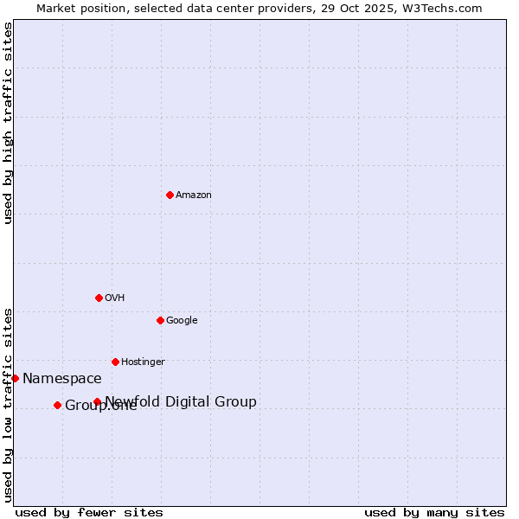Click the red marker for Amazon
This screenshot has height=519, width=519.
pyautogui.click(x=170, y=195)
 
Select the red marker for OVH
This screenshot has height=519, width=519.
pyautogui.click(x=99, y=298)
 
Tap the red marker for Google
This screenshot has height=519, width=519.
pyautogui.click(x=160, y=320)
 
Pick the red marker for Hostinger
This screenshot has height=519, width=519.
pyautogui.click(x=115, y=362)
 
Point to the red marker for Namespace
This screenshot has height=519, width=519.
pyautogui.click(x=15, y=378)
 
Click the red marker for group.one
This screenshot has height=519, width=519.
pyautogui.click(x=57, y=405)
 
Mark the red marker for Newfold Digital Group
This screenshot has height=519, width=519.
pyautogui.click(x=97, y=401)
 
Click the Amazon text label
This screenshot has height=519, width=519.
pyautogui.click(x=194, y=195)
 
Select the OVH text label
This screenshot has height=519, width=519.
pyautogui.click(x=115, y=298)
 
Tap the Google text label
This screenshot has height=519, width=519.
pyautogui.click(x=182, y=321)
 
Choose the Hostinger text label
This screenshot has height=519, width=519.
pyautogui.click(x=143, y=362)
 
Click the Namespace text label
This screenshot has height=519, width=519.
pyautogui.click(x=62, y=379)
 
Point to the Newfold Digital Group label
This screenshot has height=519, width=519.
pyautogui.click(x=181, y=401)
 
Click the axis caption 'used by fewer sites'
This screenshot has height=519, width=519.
pyautogui.click(x=89, y=512)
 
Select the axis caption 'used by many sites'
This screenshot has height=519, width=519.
pyautogui.click(x=434, y=512)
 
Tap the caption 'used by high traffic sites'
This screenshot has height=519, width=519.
pyautogui.click(x=8, y=123)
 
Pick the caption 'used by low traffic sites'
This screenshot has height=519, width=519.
pyautogui.click(x=8, y=404)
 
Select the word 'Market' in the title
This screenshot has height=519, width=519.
pyautogui.click(x=55, y=9)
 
